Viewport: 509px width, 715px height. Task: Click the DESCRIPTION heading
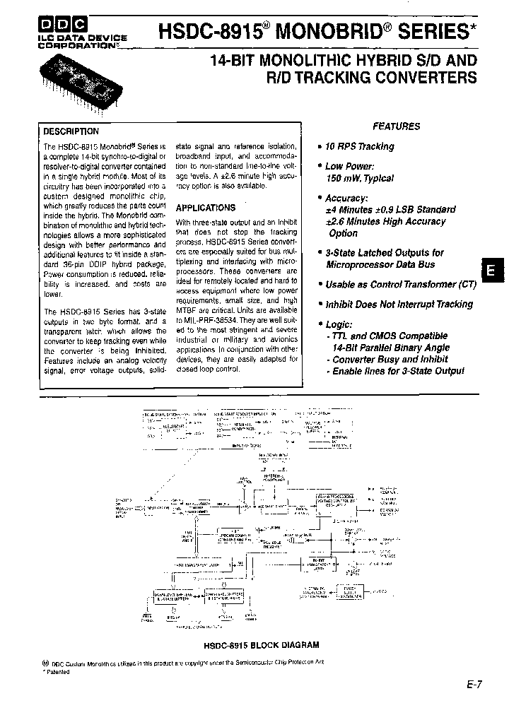pyautogui.click(x=71, y=131)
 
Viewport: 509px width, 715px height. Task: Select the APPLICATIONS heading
pyautogui.click(x=205, y=208)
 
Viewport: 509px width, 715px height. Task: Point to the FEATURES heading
pyautogui.click(x=397, y=126)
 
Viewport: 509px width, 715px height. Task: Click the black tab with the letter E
pyautogui.click(x=492, y=271)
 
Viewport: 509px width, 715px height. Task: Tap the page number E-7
pyautogui.click(x=474, y=685)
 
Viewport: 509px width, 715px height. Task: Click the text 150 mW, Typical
pyautogui.click(x=360, y=179)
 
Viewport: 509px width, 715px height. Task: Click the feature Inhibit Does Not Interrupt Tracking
pyautogui.click(x=399, y=304)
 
